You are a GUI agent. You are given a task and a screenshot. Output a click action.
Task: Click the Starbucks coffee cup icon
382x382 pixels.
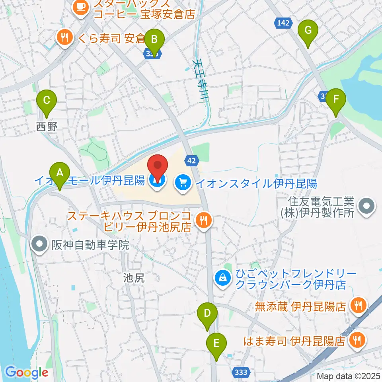[x=81, y=8]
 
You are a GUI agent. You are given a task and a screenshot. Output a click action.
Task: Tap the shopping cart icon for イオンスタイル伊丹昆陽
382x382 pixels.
[x=183, y=183]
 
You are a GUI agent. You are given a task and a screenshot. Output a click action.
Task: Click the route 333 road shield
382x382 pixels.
[x=241, y=372]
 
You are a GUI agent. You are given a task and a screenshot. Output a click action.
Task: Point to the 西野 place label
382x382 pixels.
[x=47, y=127]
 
